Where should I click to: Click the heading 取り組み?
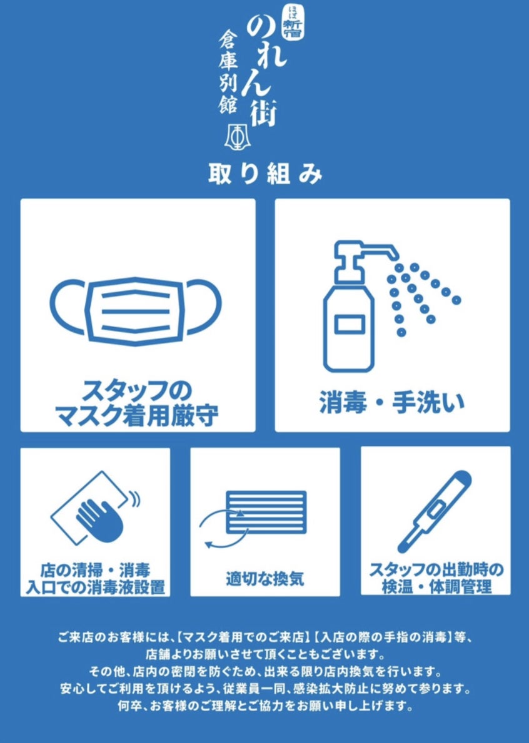[264, 174]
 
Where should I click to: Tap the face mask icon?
[136, 310]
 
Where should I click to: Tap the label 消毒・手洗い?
[392, 404]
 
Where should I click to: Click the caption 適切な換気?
[264, 579]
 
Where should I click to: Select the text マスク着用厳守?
[138, 416]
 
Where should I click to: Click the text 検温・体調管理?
[436, 587]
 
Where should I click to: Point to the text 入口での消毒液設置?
[96, 587]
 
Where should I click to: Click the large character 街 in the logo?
[263, 110]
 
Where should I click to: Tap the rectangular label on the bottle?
[349, 324]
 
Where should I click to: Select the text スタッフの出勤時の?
[436, 569]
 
